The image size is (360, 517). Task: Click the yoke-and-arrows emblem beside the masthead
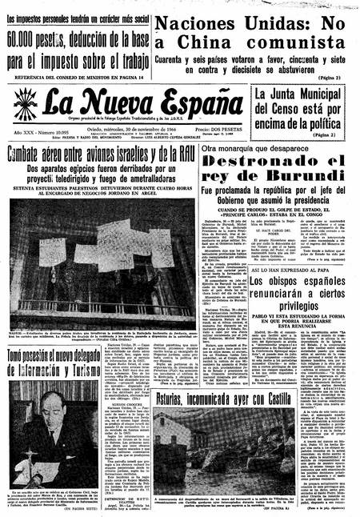tap(25, 104)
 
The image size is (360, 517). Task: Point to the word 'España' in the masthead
tap(192, 102)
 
